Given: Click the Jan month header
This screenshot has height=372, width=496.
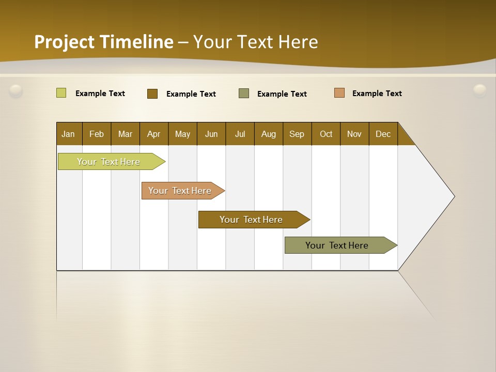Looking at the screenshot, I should coord(69,134).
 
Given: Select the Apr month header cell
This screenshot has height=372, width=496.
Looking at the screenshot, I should coord(153,134).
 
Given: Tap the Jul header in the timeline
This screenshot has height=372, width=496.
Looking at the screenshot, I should coord(240,134).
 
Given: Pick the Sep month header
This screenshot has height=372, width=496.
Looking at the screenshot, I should coord(297,134).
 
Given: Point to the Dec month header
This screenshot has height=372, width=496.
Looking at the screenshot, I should coord(383,134).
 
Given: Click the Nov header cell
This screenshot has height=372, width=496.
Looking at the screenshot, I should coord(354,134).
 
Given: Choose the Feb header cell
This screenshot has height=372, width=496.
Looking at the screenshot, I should coord(97,134).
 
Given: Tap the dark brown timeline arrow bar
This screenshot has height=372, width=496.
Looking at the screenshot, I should coord(252,220).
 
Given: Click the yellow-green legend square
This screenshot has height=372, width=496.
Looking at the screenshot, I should coord(61,93).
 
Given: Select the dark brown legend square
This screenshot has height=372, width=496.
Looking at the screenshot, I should coord(152,94).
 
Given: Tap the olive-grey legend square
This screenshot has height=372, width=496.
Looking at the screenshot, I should coord(244,93).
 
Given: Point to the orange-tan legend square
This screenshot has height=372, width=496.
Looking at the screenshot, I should coord(339,93).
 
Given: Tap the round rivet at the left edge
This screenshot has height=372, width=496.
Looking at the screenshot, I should coord(16,91).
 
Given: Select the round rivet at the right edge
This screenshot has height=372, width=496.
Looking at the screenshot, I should coord(480,90).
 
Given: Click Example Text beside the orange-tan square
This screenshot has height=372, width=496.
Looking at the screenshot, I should coord(377,94).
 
